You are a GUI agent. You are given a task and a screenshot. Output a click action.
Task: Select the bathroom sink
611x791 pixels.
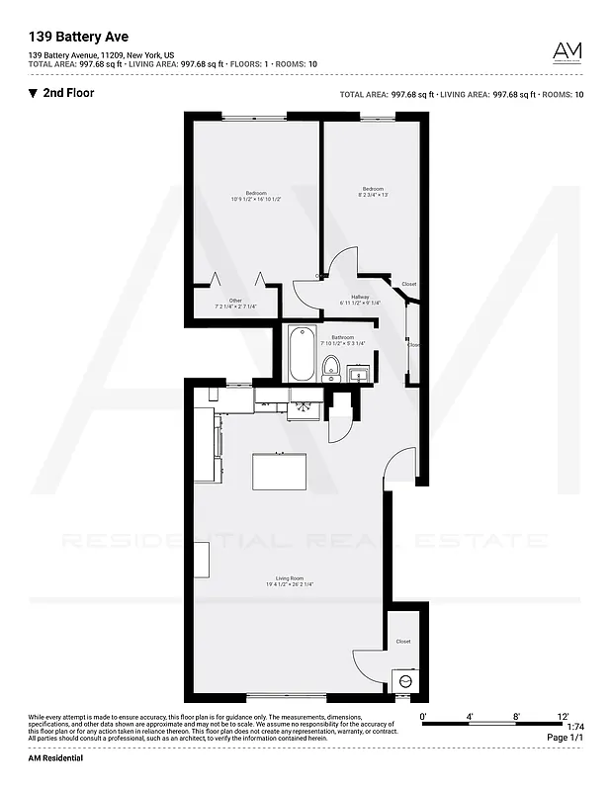tap(358, 373)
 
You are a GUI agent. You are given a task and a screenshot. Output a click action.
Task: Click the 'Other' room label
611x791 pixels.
tap(235, 301)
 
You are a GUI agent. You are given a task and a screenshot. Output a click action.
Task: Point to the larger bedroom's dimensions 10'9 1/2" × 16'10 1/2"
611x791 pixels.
tap(257, 200)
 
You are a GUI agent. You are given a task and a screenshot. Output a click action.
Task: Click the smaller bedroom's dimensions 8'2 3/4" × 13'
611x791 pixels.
tap(372, 195)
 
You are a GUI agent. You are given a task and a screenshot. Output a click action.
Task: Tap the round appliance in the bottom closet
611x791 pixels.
tap(403, 681)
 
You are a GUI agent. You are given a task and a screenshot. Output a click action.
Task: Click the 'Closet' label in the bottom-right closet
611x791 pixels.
tap(403, 642)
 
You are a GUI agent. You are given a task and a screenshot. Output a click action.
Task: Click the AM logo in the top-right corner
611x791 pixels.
tap(567, 51)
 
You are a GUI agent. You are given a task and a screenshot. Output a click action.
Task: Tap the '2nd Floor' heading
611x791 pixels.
tap(68, 94)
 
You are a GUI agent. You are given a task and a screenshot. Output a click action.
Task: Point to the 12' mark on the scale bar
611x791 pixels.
tap(563, 716)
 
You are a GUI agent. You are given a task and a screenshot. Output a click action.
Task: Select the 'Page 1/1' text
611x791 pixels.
tap(566, 738)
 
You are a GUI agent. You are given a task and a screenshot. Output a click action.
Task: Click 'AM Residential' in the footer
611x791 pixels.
tap(55, 758)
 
